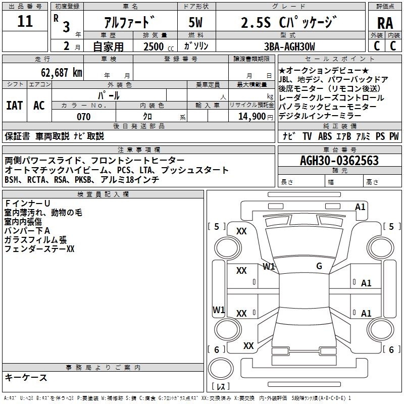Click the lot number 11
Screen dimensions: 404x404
click(25, 21)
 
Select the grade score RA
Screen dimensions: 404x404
click(385, 23)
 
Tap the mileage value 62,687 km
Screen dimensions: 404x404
click(62, 73)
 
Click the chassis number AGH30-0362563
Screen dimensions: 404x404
click(339, 161)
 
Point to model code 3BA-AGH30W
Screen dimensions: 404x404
click(289, 46)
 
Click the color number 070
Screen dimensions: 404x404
click(84, 117)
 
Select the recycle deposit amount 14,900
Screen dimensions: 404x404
click(252, 117)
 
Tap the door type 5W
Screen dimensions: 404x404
click(195, 22)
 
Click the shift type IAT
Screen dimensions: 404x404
click(15, 106)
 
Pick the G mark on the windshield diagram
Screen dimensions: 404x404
click(319, 266)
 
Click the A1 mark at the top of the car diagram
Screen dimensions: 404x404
click(360, 207)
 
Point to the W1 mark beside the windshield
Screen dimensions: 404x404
click(269, 267)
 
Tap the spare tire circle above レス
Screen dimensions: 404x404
click(221, 369)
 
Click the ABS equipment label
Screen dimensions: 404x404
click(325, 136)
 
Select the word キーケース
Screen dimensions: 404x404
click(26, 377)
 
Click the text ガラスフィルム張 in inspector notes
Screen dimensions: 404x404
click(35, 240)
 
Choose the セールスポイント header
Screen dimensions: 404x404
click(339, 59)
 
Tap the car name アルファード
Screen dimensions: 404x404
click(130, 22)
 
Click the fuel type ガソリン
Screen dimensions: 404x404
click(196, 46)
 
